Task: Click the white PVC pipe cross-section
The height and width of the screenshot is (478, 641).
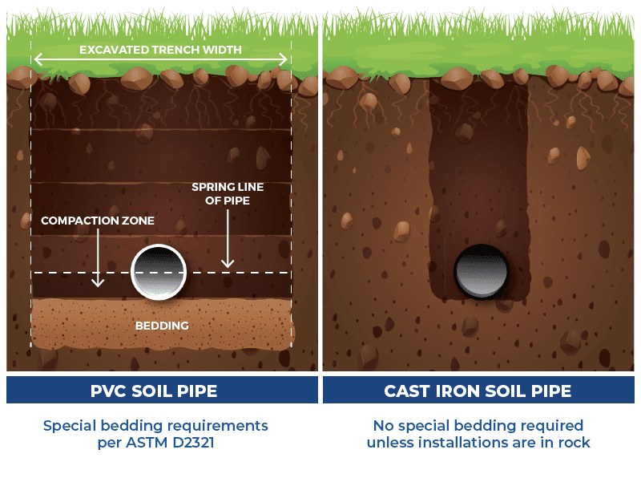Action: [x=159, y=272]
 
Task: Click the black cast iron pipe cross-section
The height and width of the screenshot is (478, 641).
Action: [x=482, y=271]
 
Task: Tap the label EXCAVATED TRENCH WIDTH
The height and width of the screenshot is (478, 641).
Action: [x=160, y=50]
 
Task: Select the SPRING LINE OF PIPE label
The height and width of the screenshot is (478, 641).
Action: [x=228, y=193]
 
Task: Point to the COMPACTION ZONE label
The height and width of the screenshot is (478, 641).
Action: [x=98, y=221]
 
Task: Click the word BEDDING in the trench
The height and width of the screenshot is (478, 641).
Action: [x=162, y=326]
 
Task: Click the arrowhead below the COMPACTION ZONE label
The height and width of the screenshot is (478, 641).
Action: [x=98, y=282]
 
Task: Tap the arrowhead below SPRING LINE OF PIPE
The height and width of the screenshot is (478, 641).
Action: [x=228, y=263]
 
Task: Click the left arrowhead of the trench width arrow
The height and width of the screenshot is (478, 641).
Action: [x=38, y=59]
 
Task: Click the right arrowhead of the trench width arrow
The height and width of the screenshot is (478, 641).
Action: [x=284, y=59]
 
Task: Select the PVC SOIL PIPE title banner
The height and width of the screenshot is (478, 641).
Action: [x=162, y=390]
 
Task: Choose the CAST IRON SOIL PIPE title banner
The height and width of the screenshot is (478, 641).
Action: [x=478, y=390]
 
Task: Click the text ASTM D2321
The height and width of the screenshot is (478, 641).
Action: [x=170, y=443]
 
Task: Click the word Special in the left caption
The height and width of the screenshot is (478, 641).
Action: [x=70, y=427]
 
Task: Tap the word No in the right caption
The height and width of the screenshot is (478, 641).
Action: [x=384, y=426]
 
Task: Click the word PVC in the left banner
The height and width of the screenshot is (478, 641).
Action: [x=108, y=391]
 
